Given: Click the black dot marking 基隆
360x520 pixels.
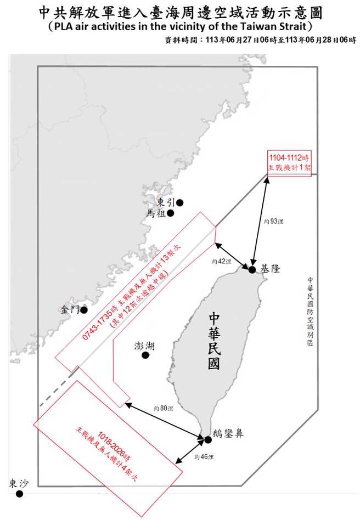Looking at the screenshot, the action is (252, 270).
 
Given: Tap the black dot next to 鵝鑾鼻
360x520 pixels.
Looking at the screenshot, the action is (208, 439).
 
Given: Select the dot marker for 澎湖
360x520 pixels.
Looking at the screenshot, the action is (145, 355).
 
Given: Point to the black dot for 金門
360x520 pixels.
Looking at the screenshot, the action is (84, 310).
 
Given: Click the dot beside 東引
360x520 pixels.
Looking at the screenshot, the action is (179, 202).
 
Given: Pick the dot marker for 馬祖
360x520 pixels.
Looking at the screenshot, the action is (171, 213).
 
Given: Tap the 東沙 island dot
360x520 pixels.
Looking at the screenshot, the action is (20, 494).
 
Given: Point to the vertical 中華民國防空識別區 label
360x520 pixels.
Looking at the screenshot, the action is (310, 310).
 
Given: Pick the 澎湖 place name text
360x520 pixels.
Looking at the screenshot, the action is (144, 346).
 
